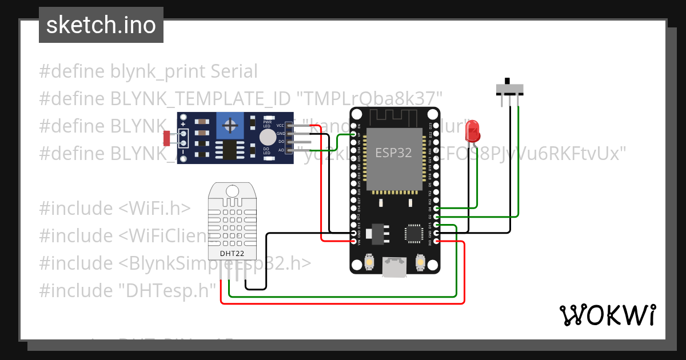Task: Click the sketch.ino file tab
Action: pos(101,25)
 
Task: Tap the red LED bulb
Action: pos(473,131)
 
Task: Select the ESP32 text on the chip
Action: pos(393,153)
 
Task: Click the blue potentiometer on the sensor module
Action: pos(230,125)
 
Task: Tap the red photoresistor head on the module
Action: pos(167,138)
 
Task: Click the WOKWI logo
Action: pos(607,315)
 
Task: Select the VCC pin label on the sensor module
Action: pos(280,125)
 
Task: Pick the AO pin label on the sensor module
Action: pos(281,150)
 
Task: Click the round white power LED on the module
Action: pos(267,137)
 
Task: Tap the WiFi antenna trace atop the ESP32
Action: pos(394,118)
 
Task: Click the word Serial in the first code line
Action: pos(234,71)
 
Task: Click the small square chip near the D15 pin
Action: pos(413,233)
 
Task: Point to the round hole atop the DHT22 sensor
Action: pos(232,190)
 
